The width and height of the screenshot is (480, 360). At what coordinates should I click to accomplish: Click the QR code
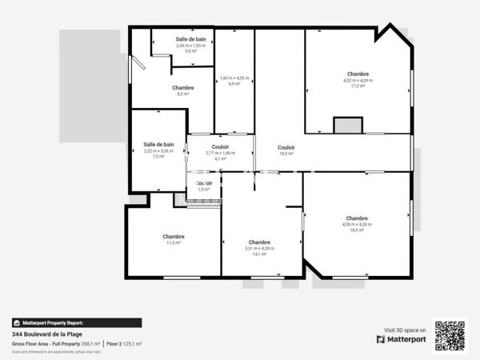(x=450, y=335)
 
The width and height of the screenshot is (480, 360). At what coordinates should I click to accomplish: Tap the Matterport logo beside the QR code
(x=402, y=340)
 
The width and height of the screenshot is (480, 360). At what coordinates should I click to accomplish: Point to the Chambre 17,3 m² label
(x=358, y=79)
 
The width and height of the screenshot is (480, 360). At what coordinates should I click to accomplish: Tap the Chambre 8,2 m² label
(x=182, y=90)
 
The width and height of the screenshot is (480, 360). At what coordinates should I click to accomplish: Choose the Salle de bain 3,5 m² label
(x=190, y=45)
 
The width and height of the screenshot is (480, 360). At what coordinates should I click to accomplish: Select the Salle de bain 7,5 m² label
(x=158, y=150)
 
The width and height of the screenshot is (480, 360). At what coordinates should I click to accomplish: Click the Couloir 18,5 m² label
(x=286, y=150)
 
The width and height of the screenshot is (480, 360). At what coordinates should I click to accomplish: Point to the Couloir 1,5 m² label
(x=204, y=186)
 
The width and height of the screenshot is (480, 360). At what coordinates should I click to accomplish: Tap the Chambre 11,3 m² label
(x=174, y=239)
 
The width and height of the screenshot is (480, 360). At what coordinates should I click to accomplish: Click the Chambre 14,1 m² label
(x=259, y=247)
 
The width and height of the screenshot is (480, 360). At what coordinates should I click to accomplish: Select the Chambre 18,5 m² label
(x=357, y=223)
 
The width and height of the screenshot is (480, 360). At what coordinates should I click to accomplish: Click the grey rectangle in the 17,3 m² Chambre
(x=348, y=124)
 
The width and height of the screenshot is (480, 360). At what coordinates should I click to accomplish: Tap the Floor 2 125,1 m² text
(x=125, y=344)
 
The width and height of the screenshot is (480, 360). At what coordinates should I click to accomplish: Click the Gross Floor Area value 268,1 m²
(x=90, y=344)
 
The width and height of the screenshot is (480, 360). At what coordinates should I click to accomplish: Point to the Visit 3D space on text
(x=405, y=330)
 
